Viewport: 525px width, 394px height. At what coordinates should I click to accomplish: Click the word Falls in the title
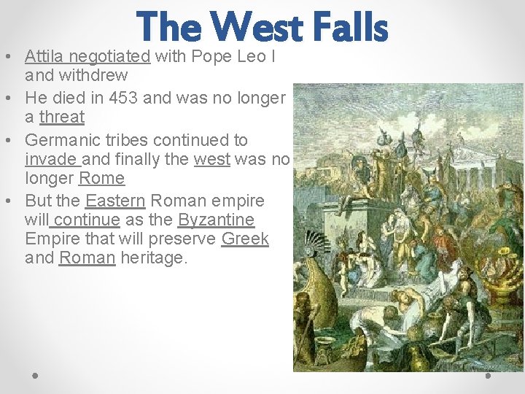coord(350,27)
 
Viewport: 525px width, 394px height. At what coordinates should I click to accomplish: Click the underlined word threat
coord(62,117)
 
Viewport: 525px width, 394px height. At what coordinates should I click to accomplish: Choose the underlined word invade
coord(50,159)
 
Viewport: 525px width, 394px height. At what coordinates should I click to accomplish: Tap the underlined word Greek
coord(245,239)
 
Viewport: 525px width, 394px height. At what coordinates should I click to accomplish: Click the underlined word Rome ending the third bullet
coord(101,178)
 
